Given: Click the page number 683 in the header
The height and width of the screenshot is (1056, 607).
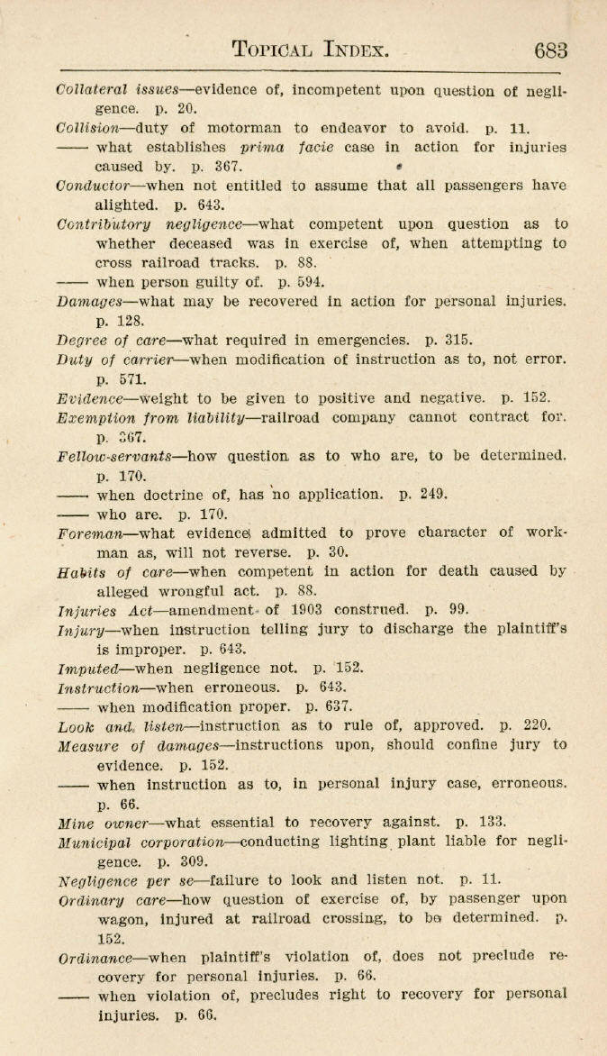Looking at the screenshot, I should pyautogui.click(x=549, y=50).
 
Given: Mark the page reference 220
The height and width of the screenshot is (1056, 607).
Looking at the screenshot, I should pyautogui.click(x=532, y=725).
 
